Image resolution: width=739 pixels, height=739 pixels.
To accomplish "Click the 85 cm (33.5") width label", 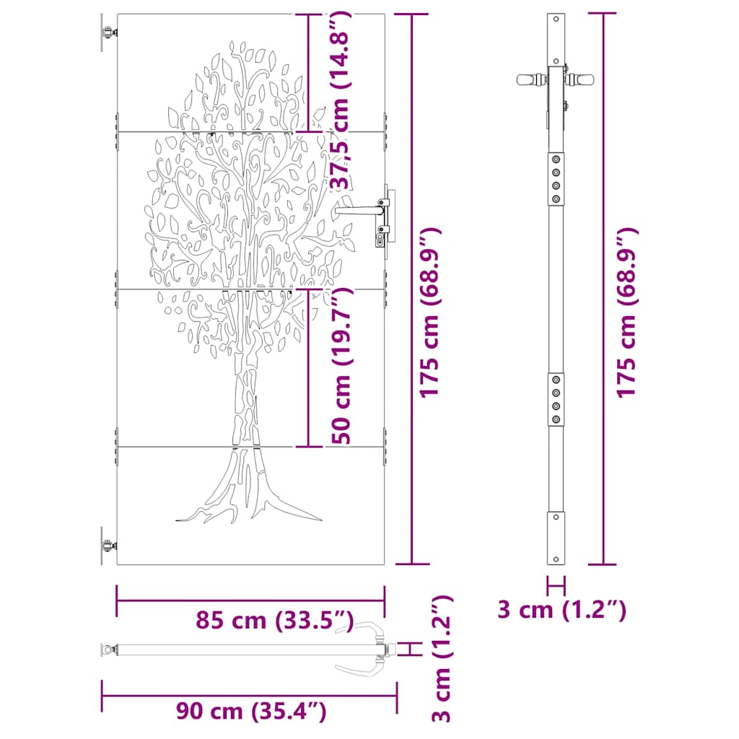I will (274, 620).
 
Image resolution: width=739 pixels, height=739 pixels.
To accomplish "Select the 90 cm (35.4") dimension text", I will (251, 712).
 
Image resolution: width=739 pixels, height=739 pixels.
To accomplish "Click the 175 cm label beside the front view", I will (430, 312).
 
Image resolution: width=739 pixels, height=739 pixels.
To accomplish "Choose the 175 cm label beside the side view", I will (626, 312).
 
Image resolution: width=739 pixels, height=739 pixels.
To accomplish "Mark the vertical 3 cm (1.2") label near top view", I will (442, 658).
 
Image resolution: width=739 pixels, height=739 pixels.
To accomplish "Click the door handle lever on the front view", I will (359, 210).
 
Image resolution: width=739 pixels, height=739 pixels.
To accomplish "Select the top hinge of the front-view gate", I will (107, 33).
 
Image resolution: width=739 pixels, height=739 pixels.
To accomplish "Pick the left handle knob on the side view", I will (528, 79).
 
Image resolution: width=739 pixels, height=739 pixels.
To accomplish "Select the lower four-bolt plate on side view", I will (556, 400).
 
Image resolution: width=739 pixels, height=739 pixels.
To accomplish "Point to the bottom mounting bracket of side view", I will (556, 538).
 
